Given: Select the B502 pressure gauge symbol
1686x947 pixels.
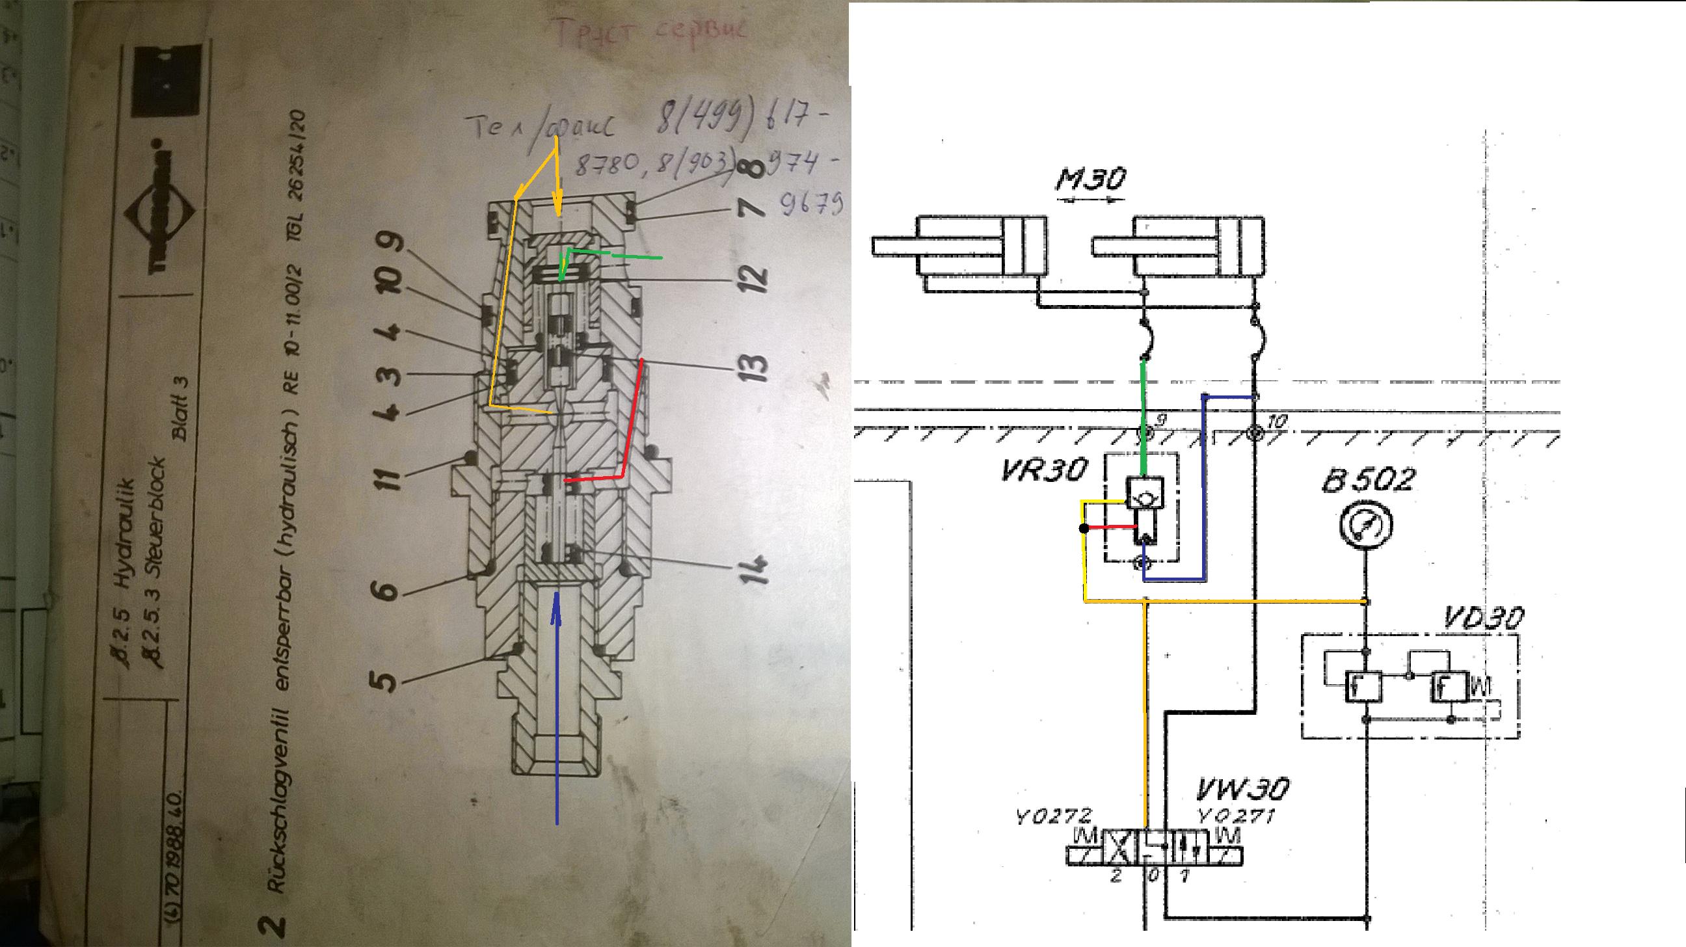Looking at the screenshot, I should point(1367,524).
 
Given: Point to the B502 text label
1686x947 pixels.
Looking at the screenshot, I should point(1368,481).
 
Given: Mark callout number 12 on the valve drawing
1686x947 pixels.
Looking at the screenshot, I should point(755,278).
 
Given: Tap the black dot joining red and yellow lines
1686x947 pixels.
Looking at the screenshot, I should point(1084,529).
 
